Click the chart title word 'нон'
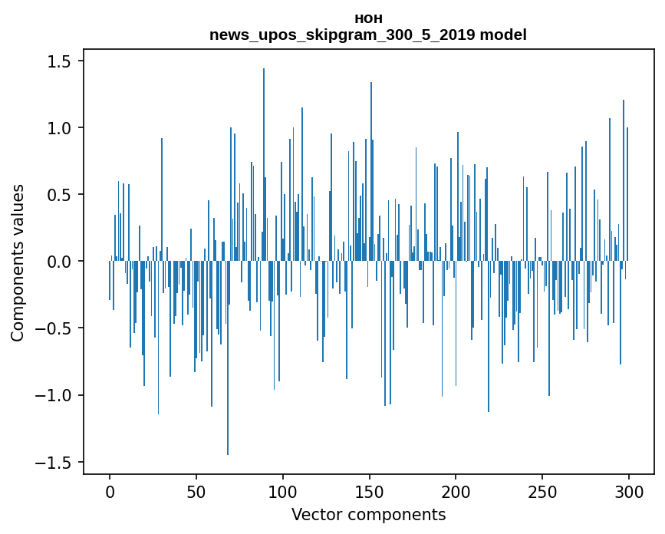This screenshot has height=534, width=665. [368, 18]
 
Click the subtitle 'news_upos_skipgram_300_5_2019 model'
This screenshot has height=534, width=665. [368, 35]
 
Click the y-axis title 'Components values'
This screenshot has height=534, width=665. [18, 262]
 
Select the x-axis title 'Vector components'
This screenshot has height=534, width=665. [368, 515]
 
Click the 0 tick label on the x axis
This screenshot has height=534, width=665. [110, 491]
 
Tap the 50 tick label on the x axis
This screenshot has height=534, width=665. [196, 491]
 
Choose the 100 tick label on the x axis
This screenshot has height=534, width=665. [283, 491]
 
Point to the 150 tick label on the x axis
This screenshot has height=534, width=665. [370, 491]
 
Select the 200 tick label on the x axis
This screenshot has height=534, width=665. [456, 491]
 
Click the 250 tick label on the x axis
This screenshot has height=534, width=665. [543, 491]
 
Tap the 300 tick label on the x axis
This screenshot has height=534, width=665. [629, 491]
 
